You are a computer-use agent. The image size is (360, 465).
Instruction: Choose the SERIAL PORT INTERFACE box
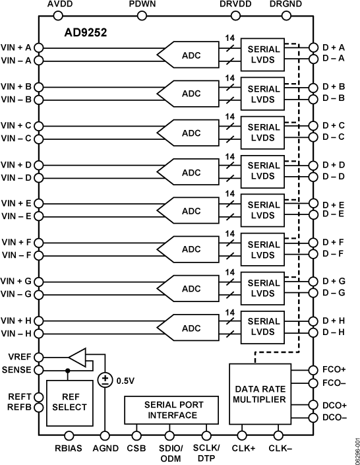tap(173, 410)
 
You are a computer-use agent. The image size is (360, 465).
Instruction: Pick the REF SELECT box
tap(69, 402)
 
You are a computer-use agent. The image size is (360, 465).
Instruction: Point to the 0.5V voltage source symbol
tap(105, 380)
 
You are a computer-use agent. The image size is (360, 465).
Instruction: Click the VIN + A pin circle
tap(38, 48)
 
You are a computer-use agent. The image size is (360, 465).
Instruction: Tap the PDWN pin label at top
tap(143, 5)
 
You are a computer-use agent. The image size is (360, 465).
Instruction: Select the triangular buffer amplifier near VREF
tap(78, 358)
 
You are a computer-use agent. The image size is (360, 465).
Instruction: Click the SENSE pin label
tap(16, 369)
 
